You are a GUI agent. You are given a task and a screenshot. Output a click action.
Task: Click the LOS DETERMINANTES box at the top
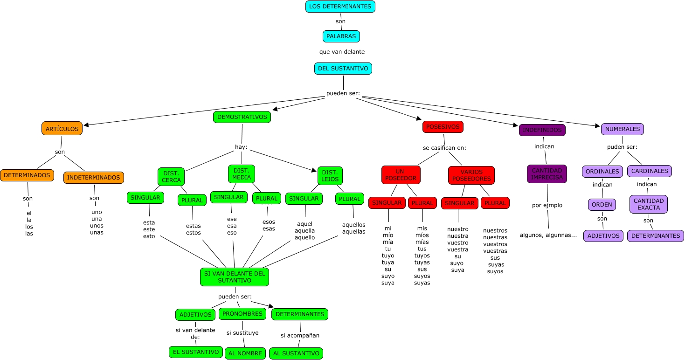coord(340,7)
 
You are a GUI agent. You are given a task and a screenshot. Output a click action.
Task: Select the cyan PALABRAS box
coord(341,36)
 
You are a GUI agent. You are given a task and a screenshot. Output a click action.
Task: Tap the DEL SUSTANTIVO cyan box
coord(343,69)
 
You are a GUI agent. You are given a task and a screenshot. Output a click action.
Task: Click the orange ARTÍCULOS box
coord(62,129)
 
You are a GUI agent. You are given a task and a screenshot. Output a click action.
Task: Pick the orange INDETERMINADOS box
coord(93,177)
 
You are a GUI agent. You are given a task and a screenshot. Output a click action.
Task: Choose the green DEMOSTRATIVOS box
coord(242,117)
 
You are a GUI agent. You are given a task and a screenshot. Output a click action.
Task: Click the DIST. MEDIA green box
coord(242,174)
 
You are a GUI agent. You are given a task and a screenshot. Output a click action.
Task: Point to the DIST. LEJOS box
coord(330,176)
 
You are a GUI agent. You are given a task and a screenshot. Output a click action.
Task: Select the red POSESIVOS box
coord(443,127)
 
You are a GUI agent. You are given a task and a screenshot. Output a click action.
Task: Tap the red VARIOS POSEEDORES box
coord(471,175)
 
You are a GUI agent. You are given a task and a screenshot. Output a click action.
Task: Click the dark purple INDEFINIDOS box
coord(542,130)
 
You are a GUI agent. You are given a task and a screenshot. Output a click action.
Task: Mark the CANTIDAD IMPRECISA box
coord(547,174)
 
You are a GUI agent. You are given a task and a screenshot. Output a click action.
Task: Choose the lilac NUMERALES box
coord(622,129)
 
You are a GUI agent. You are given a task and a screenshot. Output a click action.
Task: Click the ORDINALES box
coord(602,171)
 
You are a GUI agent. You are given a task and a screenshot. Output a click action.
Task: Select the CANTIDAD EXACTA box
coord(648,204)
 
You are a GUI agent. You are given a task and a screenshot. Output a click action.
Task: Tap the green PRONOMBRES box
coord(242,314)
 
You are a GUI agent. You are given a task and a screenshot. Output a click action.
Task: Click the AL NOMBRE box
coord(245,353)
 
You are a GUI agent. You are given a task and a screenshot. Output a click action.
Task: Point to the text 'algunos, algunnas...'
coord(548,235)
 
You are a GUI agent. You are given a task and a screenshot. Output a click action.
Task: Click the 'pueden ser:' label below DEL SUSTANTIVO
coord(343,93)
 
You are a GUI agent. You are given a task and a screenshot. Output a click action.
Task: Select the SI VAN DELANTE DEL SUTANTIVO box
coord(235,277)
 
